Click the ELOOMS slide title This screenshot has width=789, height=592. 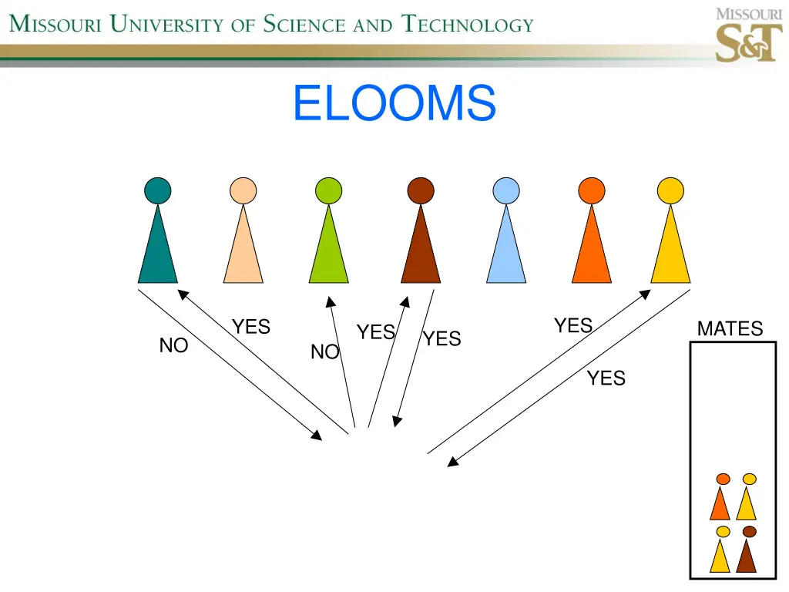394,103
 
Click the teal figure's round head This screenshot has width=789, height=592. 158,190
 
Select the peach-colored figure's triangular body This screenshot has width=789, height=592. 243,251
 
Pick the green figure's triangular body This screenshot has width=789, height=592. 328,251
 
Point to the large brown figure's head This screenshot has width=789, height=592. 421,190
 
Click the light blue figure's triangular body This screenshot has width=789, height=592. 506,251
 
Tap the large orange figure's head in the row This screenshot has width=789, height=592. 592,190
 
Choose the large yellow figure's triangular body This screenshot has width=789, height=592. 670,251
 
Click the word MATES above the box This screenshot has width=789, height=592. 730,329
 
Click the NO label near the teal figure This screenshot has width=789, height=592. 173,346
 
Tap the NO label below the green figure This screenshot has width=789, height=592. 324,352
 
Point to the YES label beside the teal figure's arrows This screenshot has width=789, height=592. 252,327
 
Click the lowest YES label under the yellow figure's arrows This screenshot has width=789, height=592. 606,378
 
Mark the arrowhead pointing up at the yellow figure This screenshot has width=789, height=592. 645,294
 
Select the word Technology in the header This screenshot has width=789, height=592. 468,25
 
